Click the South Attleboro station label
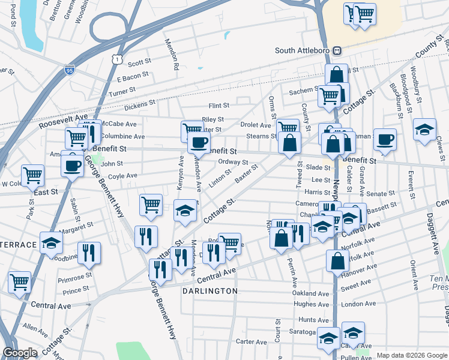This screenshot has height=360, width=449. (304, 50)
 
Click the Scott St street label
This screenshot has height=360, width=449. (138, 62)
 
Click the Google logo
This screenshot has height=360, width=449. (20, 353)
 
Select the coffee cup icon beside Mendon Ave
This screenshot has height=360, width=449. (199, 143)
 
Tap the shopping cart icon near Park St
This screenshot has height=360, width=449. (33, 175)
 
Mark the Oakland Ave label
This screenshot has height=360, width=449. (311, 294)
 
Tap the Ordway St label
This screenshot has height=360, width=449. (233, 162)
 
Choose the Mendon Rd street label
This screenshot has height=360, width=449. (173, 55)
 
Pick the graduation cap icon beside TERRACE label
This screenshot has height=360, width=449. (52, 242)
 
